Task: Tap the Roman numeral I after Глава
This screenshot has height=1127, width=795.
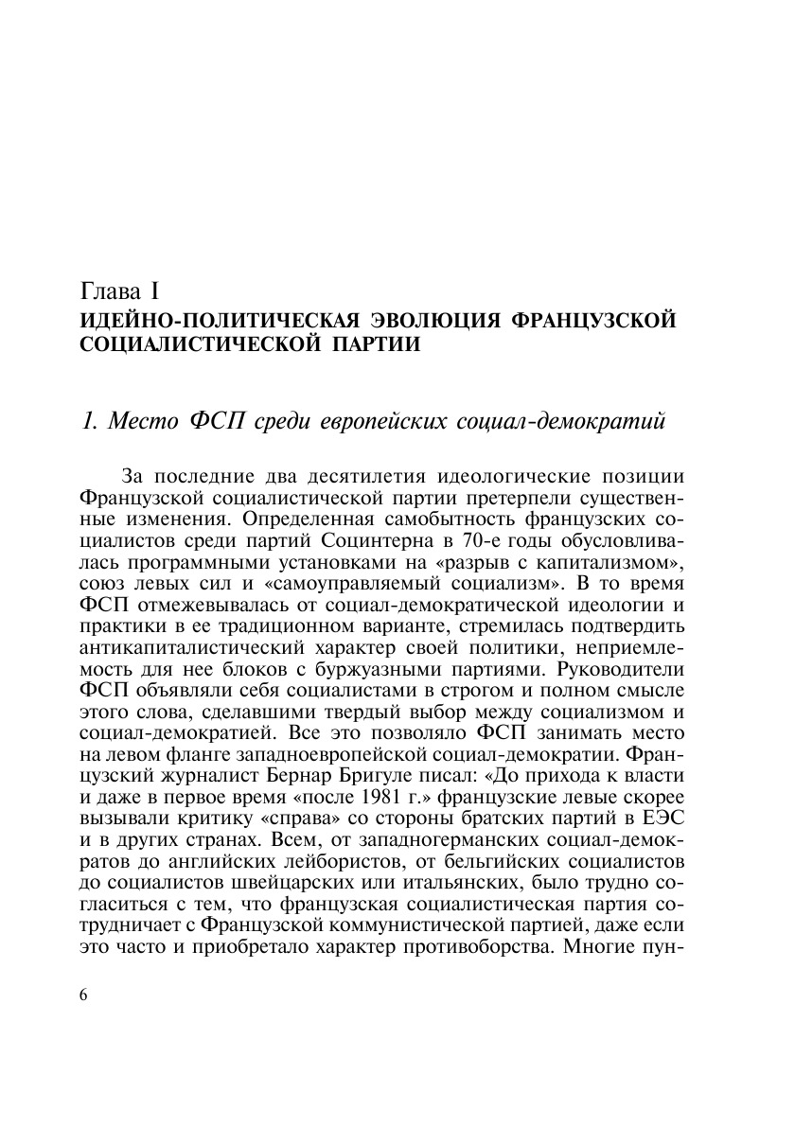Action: (166, 289)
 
